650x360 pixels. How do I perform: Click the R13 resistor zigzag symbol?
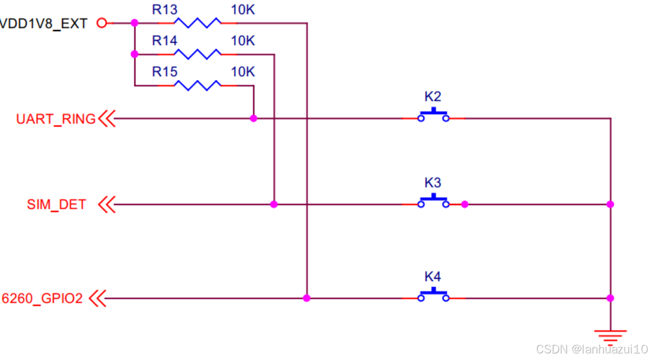[x=197, y=23]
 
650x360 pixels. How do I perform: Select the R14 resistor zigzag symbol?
[x=197, y=54]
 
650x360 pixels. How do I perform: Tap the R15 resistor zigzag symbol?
[x=197, y=85]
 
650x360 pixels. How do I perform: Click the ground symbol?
[x=611, y=333]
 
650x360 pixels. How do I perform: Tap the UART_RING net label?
[x=55, y=119]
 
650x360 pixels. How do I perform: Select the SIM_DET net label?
[x=56, y=205]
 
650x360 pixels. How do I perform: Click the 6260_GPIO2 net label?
[x=42, y=299]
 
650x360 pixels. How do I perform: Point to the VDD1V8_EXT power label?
[x=43, y=24]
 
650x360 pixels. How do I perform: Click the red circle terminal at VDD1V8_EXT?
[x=101, y=23]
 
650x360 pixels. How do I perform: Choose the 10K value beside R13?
[x=243, y=10]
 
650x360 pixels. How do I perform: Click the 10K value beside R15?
[x=243, y=72]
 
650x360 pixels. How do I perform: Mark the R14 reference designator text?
[x=164, y=41]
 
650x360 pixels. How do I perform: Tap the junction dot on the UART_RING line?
[x=253, y=118]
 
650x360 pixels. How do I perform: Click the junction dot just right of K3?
[x=465, y=204]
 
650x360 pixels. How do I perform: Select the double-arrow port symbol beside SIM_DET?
[x=107, y=205]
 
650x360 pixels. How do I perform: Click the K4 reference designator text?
[x=432, y=276]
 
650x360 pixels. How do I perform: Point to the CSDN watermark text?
[x=591, y=349]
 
